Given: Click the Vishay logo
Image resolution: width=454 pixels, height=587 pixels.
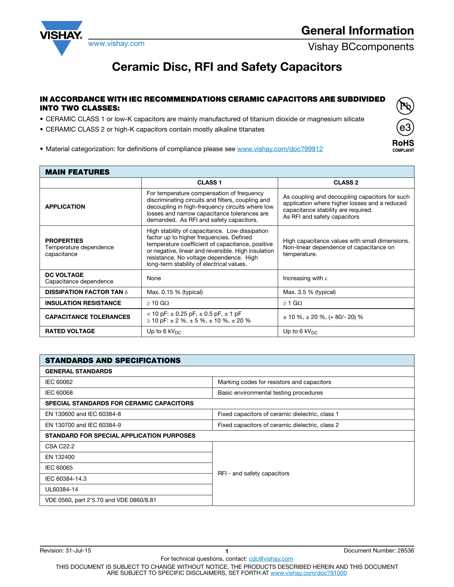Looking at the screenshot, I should [x=61, y=37].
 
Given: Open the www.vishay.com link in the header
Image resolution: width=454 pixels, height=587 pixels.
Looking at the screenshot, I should [x=116, y=44].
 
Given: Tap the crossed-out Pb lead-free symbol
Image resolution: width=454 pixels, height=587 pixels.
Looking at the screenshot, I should [x=405, y=106].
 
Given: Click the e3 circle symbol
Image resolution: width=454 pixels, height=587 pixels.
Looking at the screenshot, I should [x=405, y=127].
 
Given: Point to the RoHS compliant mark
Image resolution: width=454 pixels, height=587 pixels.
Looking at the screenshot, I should [x=403, y=145].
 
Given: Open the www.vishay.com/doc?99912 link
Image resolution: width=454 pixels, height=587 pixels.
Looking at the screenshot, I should [x=280, y=149].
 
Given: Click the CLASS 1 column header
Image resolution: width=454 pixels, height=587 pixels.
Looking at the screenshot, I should [x=209, y=183].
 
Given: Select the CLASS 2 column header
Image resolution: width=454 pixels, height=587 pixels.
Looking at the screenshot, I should [x=346, y=183].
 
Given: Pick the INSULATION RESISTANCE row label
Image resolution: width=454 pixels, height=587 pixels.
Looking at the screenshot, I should [x=83, y=303].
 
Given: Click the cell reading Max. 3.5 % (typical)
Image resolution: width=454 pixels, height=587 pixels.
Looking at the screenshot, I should [x=309, y=292].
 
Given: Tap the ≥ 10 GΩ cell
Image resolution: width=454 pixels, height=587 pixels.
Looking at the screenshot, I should [x=158, y=303].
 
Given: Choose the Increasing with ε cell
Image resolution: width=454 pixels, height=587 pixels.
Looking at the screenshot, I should [x=305, y=278].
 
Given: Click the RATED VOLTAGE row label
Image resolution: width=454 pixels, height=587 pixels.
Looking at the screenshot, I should [x=70, y=331].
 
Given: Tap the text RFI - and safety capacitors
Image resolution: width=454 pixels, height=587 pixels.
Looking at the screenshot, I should [x=254, y=474].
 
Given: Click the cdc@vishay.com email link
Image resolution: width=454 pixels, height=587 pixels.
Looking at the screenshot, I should [x=271, y=559].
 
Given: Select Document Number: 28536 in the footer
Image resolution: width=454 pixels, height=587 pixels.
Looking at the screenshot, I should [x=379, y=551].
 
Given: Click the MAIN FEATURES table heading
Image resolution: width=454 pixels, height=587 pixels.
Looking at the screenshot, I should [x=77, y=172].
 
